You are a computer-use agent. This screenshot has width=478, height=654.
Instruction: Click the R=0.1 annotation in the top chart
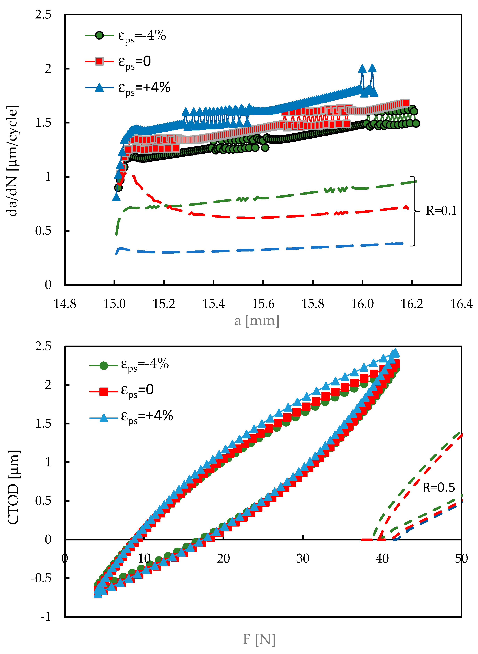(x=441, y=211)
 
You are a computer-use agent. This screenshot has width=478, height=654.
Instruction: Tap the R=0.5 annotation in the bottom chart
(x=439, y=488)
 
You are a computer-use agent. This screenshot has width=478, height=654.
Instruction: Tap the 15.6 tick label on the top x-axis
(x=263, y=304)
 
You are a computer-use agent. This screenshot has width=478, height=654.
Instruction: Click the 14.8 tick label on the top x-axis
(x=65, y=304)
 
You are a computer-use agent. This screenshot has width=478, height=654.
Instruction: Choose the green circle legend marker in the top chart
(x=99, y=36)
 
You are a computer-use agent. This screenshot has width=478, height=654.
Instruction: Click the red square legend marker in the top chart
(x=99, y=61)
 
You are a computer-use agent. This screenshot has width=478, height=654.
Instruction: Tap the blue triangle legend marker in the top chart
(x=99, y=87)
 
